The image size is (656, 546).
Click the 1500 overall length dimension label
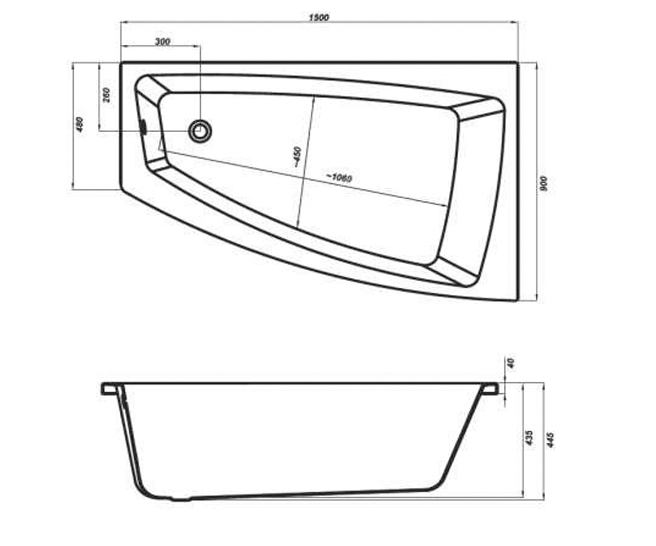[x=319, y=17]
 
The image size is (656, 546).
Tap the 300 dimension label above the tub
[x=163, y=41]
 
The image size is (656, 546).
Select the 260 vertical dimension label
[x=107, y=95]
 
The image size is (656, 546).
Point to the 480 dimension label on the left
[x=80, y=124]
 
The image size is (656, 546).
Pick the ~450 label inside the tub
[x=297, y=157]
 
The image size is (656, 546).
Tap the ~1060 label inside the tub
[x=339, y=177]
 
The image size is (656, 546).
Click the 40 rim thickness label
[x=511, y=363]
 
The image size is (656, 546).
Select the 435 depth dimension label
[x=529, y=438]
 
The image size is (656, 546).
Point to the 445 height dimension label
[x=550, y=440]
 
